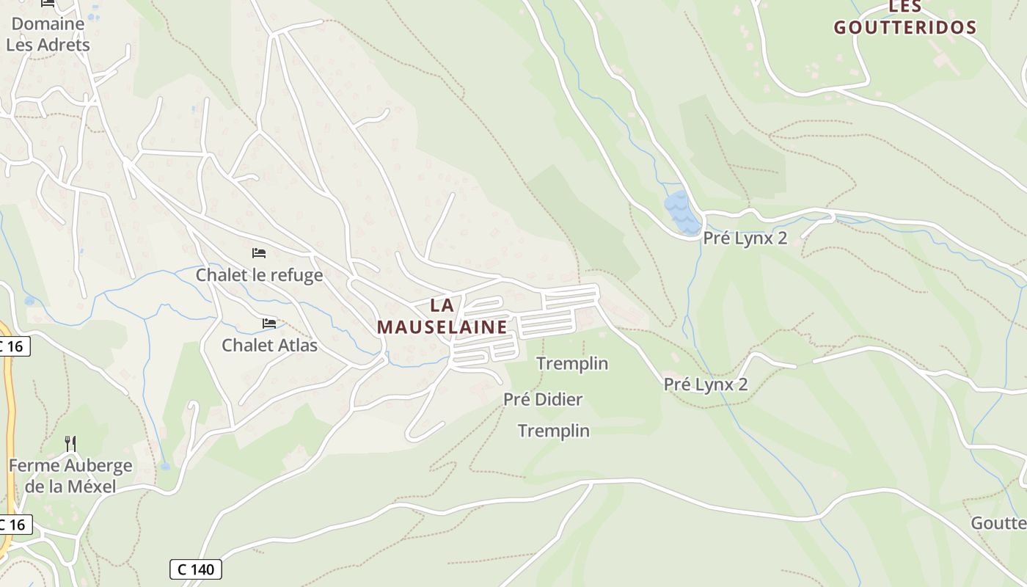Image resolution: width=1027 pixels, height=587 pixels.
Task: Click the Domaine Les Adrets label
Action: (48, 34)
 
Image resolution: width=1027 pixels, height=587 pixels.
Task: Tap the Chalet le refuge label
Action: (259, 275)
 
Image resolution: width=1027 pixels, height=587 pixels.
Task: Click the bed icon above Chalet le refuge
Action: (259, 253)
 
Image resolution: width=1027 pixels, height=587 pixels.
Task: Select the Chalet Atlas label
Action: (270, 345)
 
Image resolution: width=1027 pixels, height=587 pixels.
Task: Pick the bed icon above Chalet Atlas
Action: (269, 323)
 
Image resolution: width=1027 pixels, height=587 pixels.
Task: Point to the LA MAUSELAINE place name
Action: (442, 316)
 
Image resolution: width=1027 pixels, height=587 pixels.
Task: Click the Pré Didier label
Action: (543, 400)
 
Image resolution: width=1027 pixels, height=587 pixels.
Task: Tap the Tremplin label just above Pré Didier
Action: (572, 363)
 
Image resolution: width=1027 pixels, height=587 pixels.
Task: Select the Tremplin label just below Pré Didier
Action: (554, 431)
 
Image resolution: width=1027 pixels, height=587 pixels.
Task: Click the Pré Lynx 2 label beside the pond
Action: (745, 238)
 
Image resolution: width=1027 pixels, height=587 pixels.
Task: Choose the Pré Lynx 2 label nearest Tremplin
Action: (706, 384)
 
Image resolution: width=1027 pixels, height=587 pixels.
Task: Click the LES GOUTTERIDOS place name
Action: (905, 18)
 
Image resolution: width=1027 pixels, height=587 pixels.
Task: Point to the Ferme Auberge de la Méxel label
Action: (70, 475)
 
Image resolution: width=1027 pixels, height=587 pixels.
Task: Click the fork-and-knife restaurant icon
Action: (70, 443)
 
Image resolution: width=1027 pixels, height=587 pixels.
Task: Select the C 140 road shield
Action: (196, 569)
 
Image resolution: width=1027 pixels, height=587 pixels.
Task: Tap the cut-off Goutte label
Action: (998, 523)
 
